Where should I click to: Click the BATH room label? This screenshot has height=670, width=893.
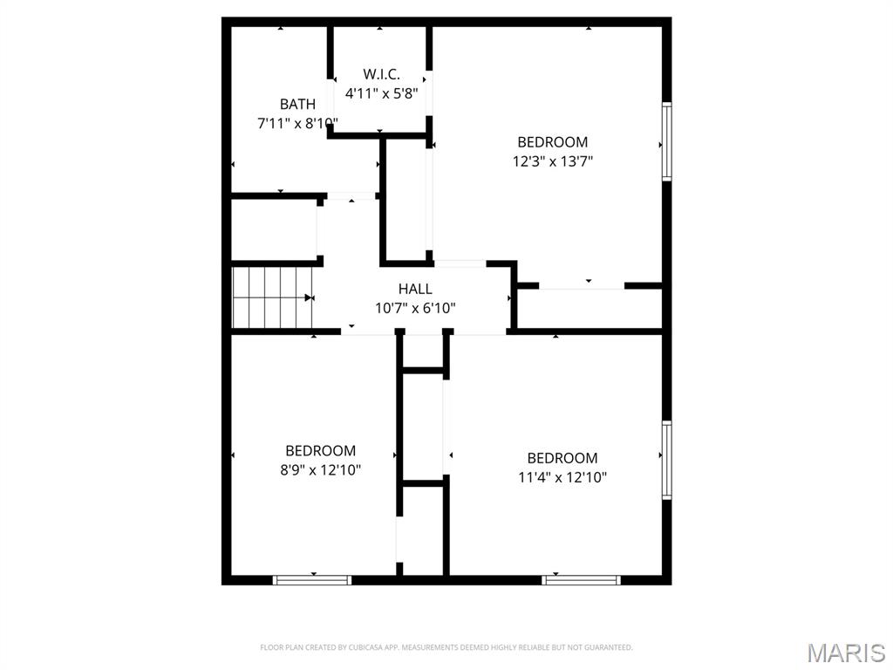[297, 105]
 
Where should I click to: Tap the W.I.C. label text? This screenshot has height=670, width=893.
[381, 74]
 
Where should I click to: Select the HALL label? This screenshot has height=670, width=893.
[415, 289]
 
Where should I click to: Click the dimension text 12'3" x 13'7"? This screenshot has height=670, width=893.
[553, 161]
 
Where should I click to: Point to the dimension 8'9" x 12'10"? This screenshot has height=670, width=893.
[320, 469]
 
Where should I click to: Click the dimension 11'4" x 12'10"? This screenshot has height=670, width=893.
[562, 477]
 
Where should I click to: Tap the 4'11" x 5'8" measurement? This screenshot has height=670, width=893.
[381, 92]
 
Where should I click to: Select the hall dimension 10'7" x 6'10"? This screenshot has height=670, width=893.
[415, 307]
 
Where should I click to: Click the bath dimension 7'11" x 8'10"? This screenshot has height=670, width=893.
[297, 123]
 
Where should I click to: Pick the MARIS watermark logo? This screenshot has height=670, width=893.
[845, 653]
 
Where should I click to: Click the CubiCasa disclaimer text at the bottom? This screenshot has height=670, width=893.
[446, 647]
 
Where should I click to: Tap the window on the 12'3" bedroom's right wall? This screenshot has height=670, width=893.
[667, 140]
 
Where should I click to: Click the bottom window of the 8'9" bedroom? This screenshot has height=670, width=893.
[312, 579]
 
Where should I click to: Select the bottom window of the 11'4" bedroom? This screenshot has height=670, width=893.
[582, 579]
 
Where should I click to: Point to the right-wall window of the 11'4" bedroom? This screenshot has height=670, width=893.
[667, 460]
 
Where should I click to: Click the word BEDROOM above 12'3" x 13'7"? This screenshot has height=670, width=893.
[553, 142]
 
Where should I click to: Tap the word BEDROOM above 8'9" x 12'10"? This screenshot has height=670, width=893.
[320, 451]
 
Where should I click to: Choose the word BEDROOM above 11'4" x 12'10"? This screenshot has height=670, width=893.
[562, 458]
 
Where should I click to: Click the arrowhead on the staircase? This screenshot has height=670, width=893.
[309, 297]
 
